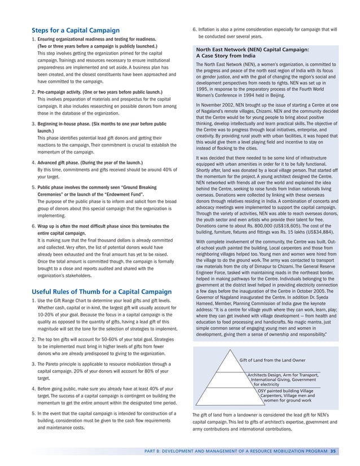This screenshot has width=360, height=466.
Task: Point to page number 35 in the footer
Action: coord(334,450)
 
